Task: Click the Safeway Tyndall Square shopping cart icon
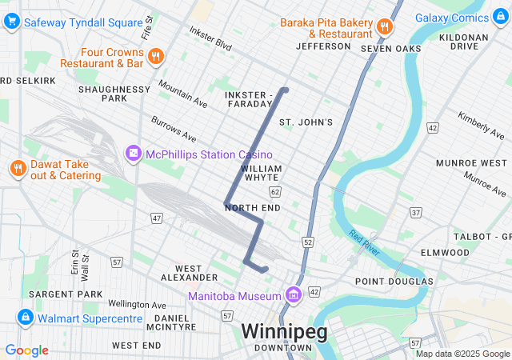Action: [x=11, y=22]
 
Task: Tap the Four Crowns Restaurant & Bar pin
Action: [x=156, y=56]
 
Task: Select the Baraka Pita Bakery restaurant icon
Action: [x=384, y=26]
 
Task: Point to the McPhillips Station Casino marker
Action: [x=133, y=153]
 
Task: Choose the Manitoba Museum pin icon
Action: [x=293, y=296]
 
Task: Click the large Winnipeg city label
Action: [x=284, y=331]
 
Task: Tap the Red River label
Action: [x=366, y=241]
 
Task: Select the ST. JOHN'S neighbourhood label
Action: [x=305, y=122]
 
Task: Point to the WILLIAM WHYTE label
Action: [x=261, y=174]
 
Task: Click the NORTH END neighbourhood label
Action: [x=253, y=208]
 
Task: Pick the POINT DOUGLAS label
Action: [x=394, y=281]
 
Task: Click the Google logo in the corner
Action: [x=26, y=350]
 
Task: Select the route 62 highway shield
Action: [x=275, y=192]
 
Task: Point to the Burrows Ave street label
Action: [x=174, y=128]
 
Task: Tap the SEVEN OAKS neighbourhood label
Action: [x=390, y=49]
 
